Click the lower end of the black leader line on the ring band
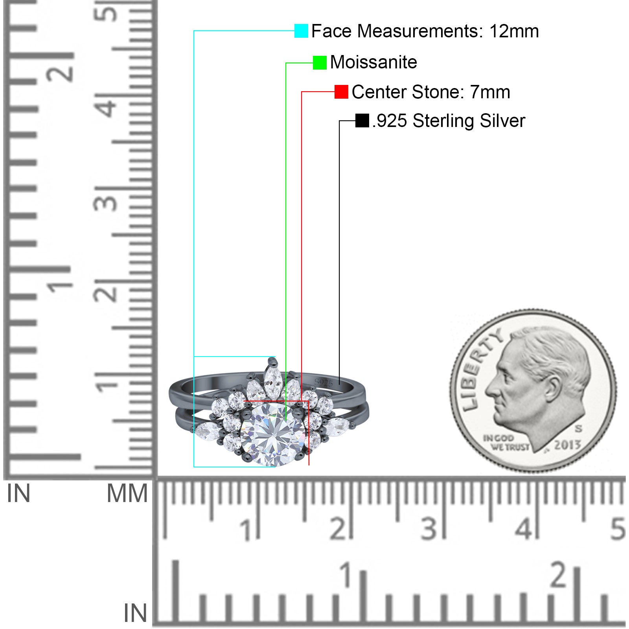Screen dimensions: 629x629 point(339,384)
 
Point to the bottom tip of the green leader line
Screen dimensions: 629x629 point(286,421)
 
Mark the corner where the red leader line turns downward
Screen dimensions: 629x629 point(302,92)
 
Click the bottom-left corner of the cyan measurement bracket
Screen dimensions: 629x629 point(194,467)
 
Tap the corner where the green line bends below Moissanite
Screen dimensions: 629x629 point(286,63)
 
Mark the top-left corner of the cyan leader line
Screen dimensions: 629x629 point(194,31)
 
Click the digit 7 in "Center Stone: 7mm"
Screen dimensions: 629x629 point(475,92)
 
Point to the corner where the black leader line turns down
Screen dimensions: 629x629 point(339,121)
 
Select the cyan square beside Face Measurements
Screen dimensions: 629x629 point(301,31)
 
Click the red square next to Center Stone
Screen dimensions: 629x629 point(341,92)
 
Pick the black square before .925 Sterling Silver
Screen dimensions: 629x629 point(362,121)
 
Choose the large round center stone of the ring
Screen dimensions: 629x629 point(272,435)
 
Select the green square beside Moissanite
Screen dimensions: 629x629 point(320,63)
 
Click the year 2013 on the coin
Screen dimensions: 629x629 point(567,445)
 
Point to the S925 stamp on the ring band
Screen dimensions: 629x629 point(324,383)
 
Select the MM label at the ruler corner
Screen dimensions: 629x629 point(127,493)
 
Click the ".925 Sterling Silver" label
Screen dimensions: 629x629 point(449,121)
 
